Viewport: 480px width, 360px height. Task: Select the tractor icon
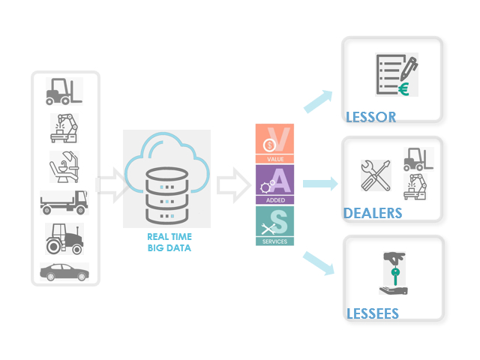click(64, 238)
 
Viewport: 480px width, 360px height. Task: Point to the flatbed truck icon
click(64, 201)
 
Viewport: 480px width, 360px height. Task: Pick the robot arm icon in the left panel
click(64, 127)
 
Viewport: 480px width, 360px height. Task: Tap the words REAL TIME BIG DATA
click(169, 241)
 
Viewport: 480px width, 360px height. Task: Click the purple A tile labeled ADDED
click(275, 184)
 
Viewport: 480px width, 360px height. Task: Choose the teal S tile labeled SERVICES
click(275, 225)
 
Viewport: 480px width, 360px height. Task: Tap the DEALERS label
click(373, 214)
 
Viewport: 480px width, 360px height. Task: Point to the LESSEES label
click(372, 313)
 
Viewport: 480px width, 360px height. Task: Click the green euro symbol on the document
click(403, 89)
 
